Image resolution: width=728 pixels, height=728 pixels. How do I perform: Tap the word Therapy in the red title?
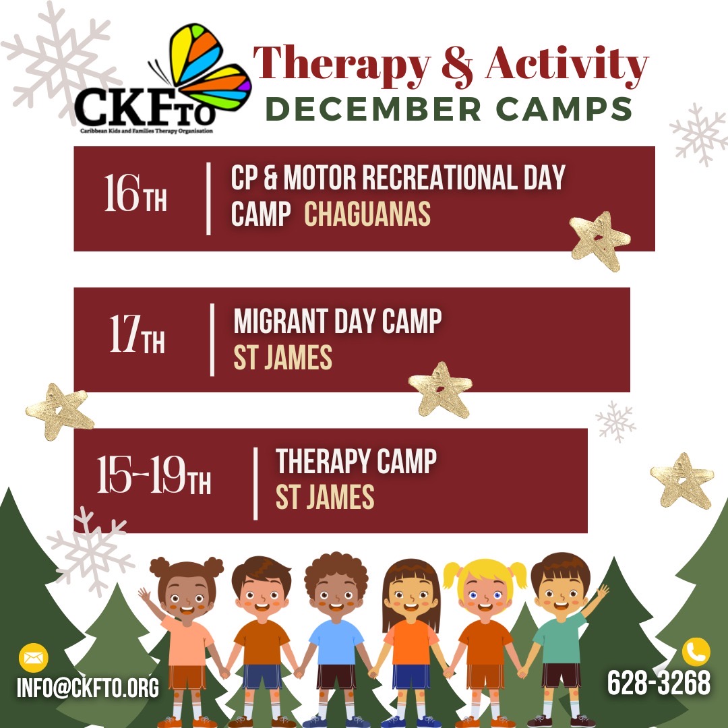pyautogui.click(x=342, y=65)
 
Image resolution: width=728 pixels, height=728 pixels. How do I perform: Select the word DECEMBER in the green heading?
pyautogui.click(x=373, y=110)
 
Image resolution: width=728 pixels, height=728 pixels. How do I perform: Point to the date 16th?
pyautogui.click(x=135, y=193)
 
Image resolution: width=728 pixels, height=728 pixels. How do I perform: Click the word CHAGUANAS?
pyautogui.click(x=367, y=214)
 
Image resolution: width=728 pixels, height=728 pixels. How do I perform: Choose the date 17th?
pyautogui.click(x=137, y=334)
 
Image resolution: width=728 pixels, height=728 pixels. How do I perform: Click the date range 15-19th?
pyautogui.click(x=154, y=475)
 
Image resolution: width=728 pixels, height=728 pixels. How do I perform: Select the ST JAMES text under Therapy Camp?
pyautogui.click(x=324, y=497)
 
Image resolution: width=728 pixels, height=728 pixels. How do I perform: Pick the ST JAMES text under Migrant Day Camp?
pyautogui.click(x=282, y=357)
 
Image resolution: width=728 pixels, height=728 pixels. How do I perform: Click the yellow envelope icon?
pyautogui.click(x=34, y=657)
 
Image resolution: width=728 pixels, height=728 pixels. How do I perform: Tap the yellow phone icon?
pyautogui.click(x=696, y=652)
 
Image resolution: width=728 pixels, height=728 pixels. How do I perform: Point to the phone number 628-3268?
pyautogui.click(x=659, y=682)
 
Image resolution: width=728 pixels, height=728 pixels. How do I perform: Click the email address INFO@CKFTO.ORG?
pyautogui.click(x=88, y=688)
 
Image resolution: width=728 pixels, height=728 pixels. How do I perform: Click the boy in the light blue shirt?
pyautogui.click(x=336, y=641)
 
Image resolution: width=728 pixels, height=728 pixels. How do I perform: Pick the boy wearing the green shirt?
pyautogui.click(x=561, y=641)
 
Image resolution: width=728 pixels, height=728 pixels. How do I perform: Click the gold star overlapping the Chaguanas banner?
pyautogui.click(x=600, y=241)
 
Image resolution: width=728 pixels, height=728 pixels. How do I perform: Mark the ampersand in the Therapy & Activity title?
pyautogui.click(x=457, y=66)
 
